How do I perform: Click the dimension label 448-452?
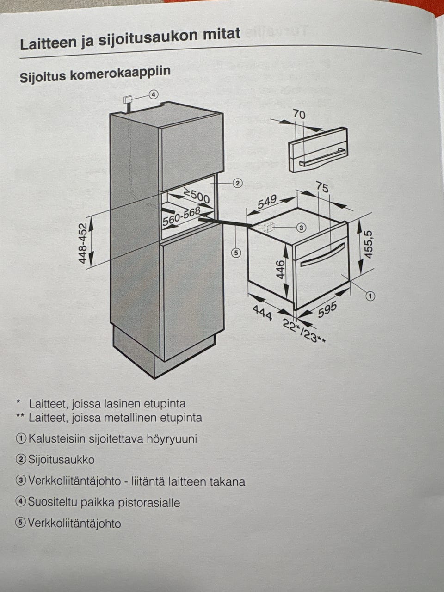[x=83, y=244]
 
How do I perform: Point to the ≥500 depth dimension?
[x=197, y=197]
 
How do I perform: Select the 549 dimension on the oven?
[x=267, y=202]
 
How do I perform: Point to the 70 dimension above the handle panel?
[x=299, y=114]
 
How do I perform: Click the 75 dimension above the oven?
[x=322, y=187]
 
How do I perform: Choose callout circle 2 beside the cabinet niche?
[x=237, y=184]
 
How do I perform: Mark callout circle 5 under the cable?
[x=236, y=253]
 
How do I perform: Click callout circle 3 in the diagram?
[x=301, y=228]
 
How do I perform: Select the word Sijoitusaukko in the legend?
[x=61, y=460]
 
